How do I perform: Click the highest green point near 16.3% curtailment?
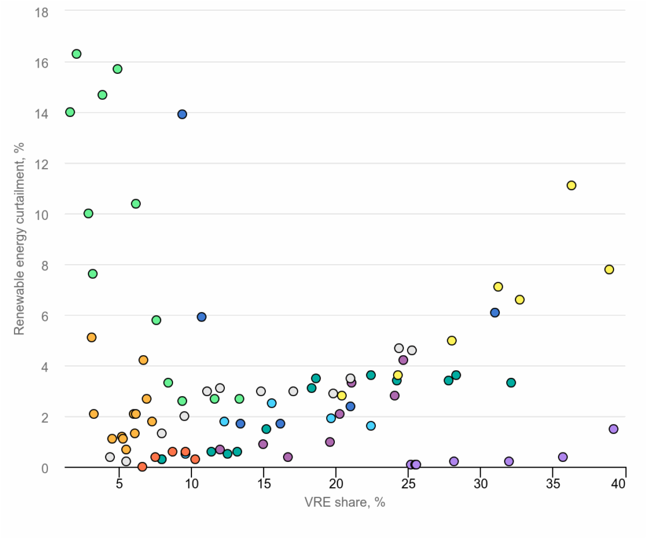(x=76, y=54)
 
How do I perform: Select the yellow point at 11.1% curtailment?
(x=571, y=185)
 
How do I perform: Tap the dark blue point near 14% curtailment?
(x=182, y=114)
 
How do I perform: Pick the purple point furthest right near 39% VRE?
(x=613, y=429)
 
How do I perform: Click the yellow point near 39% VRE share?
(x=609, y=269)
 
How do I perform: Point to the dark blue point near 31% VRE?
(x=495, y=313)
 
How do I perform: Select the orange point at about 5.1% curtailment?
(x=92, y=337)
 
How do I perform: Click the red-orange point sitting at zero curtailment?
(x=142, y=466)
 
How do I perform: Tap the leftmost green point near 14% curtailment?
(x=70, y=112)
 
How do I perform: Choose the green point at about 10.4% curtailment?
(x=136, y=203)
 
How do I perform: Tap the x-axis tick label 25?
(x=408, y=483)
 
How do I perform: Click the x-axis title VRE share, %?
(x=345, y=502)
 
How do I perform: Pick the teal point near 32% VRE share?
(x=511, y=382)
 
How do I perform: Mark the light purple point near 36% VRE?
(x=563, y=457)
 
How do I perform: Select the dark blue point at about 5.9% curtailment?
(x=202, y=317)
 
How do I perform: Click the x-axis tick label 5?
(x=119, y=483)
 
